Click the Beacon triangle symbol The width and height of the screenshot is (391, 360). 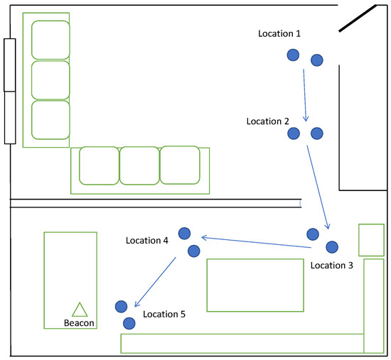click(79, 310)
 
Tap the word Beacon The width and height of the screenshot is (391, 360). click(78, 323)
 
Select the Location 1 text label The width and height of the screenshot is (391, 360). click(279, 33)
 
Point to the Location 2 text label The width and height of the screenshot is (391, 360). click(269, 121)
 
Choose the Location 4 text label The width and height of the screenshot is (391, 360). click(147, 241)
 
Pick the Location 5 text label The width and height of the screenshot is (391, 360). click(164, 313)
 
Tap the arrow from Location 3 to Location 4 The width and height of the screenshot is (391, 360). click(256, 242)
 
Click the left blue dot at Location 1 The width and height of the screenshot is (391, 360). click(293, 55)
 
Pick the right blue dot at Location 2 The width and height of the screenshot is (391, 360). click(317, 133)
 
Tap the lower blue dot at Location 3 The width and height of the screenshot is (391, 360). click(331, 246)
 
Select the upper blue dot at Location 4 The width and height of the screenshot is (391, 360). click(184, 233)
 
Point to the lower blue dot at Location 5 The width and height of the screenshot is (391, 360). click(129, 323)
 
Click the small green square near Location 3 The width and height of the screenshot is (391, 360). click(371, 240)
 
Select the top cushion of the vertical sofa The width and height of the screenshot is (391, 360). click(50, 40)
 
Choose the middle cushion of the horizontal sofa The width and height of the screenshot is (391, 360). click(139, 165)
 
